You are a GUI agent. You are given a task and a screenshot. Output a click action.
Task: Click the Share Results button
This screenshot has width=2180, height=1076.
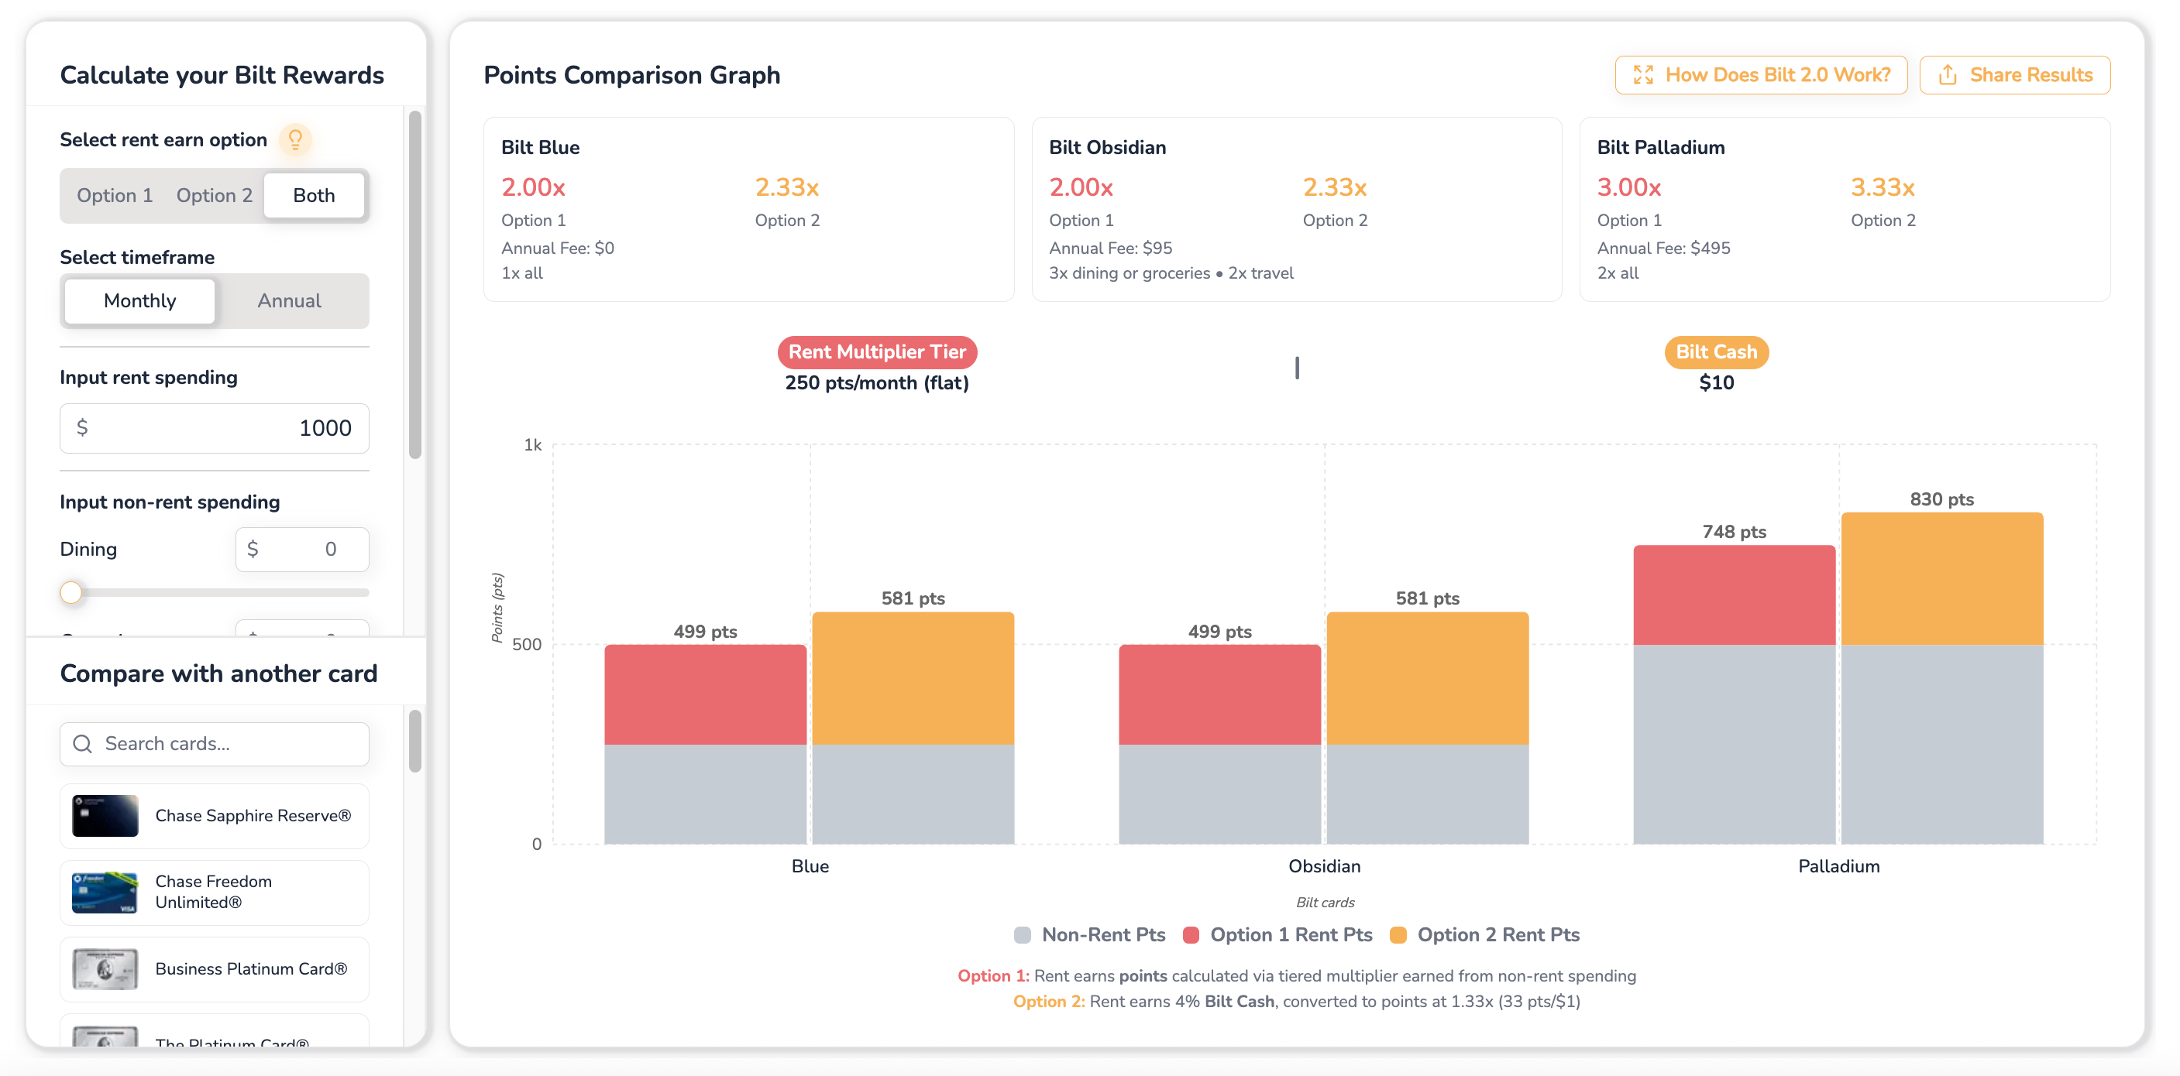pos(2014,75)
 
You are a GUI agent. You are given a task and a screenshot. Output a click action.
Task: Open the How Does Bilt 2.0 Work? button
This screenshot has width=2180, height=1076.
pos(1760,75)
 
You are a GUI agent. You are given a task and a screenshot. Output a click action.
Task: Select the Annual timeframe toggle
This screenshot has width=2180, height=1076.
pos(290,301)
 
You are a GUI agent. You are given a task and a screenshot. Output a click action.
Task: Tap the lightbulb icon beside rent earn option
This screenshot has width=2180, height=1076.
pos(295,139)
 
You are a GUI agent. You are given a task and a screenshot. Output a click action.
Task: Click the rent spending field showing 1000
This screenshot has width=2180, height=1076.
pos(214,428)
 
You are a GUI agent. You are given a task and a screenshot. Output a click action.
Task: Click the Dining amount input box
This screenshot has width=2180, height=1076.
pos(301,550)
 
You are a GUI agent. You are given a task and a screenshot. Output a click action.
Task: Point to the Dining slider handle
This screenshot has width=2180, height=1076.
pos(72,592)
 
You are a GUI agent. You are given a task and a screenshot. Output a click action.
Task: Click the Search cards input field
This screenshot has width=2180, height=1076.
pos(214,745)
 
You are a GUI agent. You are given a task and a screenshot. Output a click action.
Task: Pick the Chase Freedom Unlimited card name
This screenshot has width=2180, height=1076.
pos(214,892)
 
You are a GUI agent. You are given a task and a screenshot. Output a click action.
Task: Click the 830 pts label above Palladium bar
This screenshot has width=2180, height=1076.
pos(1941,499)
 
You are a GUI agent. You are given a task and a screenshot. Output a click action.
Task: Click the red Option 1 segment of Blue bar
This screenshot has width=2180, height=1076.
pos(705,694)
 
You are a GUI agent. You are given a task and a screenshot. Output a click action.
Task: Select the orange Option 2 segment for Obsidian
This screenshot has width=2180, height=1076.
pos(1428,677)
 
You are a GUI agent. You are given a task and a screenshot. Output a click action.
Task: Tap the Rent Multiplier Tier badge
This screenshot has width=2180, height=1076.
pos(877,352)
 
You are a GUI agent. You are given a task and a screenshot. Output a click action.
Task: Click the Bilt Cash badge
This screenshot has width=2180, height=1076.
pos(1716,352)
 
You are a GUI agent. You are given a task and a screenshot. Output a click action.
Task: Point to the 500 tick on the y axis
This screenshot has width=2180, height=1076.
pos(526,645)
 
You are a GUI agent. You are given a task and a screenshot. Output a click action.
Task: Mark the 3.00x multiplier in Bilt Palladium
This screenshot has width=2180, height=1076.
pos(1628,187)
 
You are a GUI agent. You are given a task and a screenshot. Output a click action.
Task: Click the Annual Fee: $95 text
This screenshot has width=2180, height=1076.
pos(1110,248)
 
